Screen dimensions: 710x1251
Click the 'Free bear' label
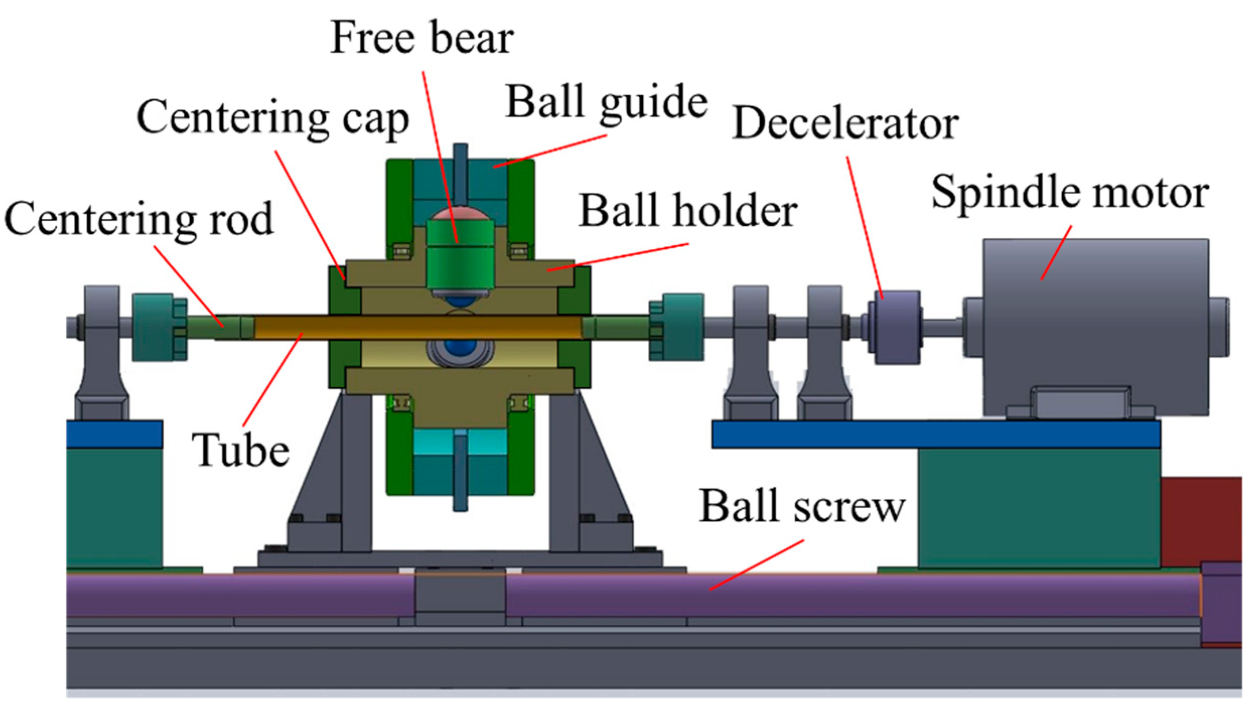coord(422,38)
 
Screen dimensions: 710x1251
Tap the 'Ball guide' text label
coord(606,103)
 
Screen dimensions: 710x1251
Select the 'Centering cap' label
coord(273,119)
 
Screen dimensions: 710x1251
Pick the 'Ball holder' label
coord(688,212)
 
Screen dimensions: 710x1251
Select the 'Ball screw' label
coord(802,507)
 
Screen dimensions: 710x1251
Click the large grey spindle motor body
coord(1095,327)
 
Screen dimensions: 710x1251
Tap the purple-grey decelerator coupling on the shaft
coord(898,327)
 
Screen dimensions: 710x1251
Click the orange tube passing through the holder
coord(418,327)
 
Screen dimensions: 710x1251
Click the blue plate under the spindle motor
coord(936,435)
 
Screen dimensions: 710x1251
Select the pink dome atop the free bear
coord(459,215)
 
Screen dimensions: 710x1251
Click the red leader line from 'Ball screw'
coord(757,564)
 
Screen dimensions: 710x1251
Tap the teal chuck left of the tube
coord(159,327)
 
